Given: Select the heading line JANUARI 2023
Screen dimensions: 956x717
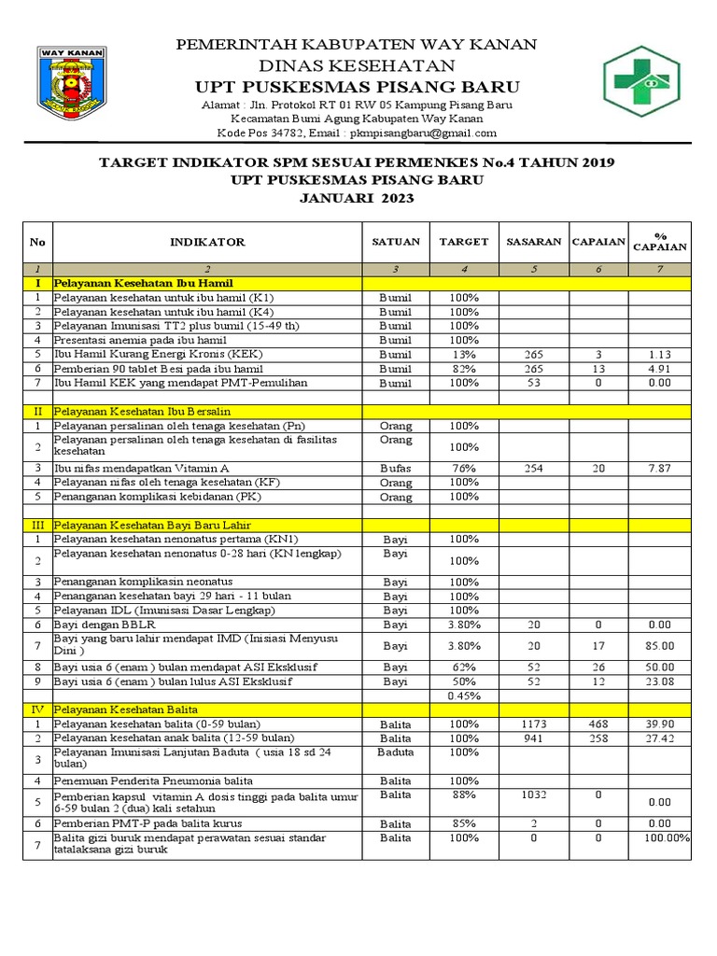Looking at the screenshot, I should click(356, 198).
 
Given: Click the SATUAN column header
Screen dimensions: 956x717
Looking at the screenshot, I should click(396, 242).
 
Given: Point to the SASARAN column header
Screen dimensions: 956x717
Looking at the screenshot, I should click(533, 242).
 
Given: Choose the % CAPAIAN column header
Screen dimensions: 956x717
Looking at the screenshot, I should click(659, 242).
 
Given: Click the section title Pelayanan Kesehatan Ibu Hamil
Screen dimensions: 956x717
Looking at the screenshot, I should click(143, 283).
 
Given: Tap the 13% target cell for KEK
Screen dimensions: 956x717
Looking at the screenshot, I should click(464, 355).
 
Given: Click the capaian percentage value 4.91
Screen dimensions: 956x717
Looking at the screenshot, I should click(659, 369).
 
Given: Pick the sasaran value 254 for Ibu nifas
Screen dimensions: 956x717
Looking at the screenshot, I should click(533, 468).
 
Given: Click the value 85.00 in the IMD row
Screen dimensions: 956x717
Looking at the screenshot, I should click(659, 645).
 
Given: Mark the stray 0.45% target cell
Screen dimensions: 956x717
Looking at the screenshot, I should click(464, 696).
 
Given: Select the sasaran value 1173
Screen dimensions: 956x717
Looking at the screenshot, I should click(533, 724).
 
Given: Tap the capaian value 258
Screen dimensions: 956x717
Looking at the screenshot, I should click(598, 738).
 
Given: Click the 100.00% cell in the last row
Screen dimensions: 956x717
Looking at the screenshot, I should click(665, 839).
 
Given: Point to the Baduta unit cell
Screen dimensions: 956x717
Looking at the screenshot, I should click(396, 752).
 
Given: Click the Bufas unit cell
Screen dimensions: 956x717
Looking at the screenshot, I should click(396, 468).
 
